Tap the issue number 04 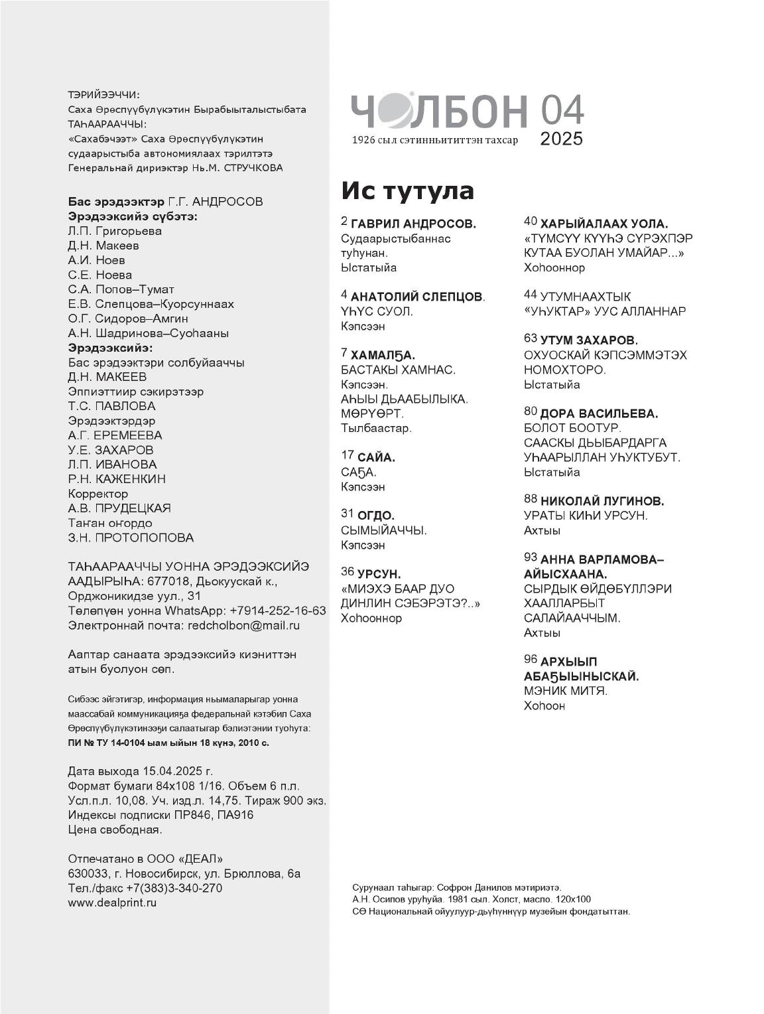click(562, 110)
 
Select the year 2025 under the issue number click(561, 139)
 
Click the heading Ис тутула click(408, 190)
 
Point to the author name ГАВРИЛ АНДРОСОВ click(413, 224)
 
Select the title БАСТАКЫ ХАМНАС click(398, 370)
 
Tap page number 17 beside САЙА click(348, 455)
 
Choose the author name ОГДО click(376, 516)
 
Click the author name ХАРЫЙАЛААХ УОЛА click(604, 224)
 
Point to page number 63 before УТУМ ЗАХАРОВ click(530, 339)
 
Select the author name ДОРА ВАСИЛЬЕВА click(599, 413)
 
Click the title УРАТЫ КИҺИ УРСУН click(586, 516)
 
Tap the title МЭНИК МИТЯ click(565, 691)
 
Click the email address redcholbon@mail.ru click(244, 625)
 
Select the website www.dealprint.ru click(112, 903)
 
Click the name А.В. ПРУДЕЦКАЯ click(119, 508)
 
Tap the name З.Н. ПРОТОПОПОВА click(131, 538)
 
